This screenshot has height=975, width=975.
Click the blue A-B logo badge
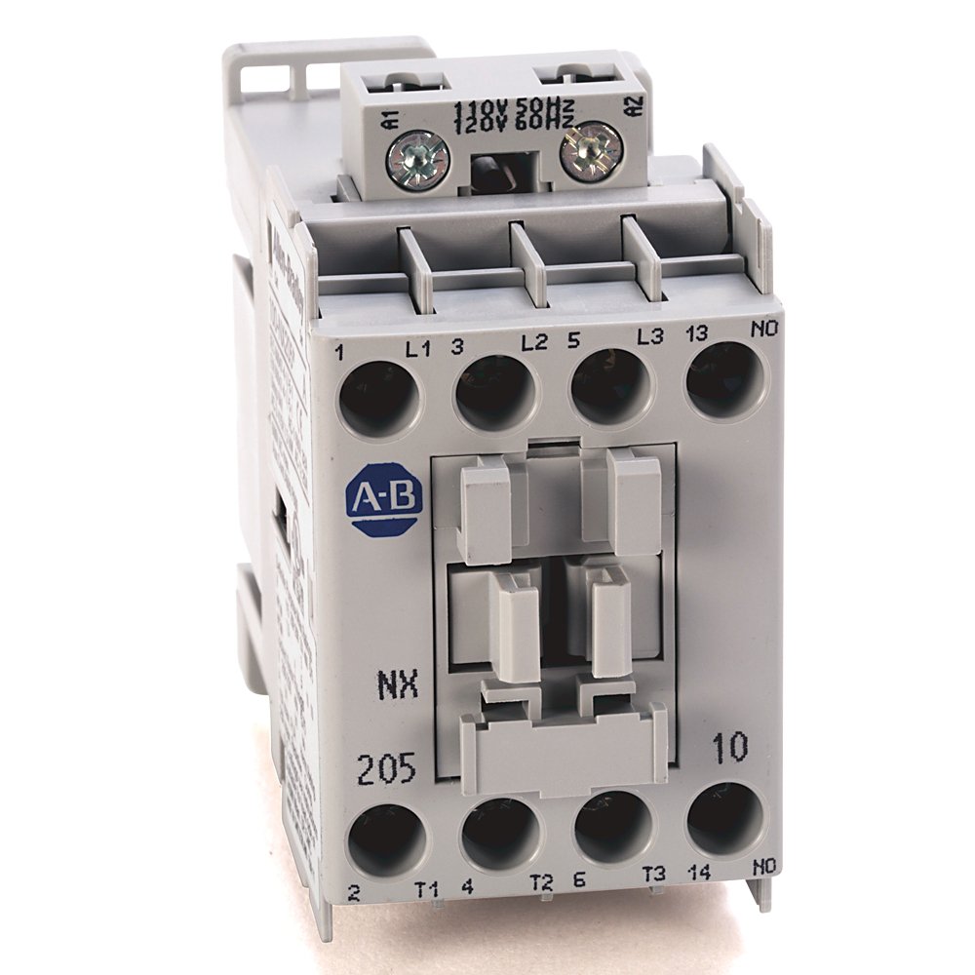(384, 505)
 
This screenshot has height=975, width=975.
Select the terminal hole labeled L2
(495, 393)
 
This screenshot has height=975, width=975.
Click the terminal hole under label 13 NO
(725, 380)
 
